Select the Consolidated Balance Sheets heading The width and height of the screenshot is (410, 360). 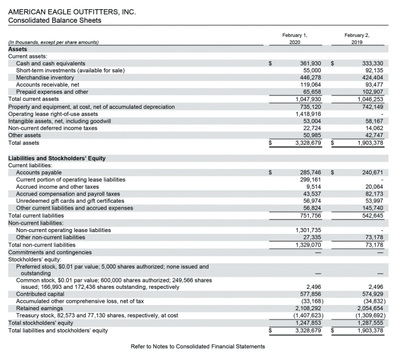click(x=54, y=21)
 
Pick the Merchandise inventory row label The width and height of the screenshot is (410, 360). click(x=45, y=77)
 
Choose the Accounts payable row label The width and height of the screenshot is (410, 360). click(x=38, y=172)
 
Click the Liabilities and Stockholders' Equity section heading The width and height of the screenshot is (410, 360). click(x=57, y=158)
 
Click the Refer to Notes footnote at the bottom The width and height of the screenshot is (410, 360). click(x=198, y=346)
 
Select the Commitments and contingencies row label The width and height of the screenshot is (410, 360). click(x=50, y=252)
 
